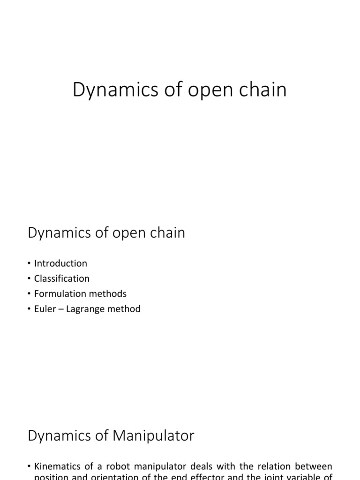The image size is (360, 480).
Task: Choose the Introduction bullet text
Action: [60, 263]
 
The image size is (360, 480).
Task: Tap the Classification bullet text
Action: [61, 278]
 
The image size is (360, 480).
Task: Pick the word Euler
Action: [45, 309]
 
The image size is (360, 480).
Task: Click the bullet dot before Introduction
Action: [30, 264]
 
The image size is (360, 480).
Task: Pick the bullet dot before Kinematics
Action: [30, 467]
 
